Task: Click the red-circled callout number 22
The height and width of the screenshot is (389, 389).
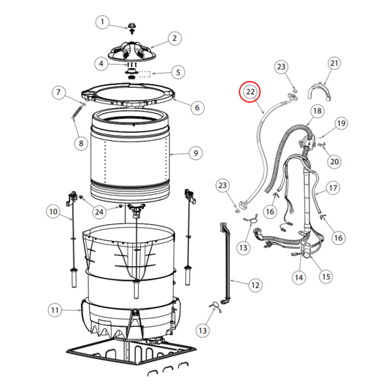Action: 250,92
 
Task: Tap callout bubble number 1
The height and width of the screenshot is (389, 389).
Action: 102,22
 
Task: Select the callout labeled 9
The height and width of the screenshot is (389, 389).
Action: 196,153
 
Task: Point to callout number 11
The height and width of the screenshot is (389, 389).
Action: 55,310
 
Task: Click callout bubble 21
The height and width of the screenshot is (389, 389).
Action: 334,63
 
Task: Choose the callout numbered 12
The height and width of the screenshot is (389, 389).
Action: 255,285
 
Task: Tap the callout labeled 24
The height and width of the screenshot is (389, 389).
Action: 99,212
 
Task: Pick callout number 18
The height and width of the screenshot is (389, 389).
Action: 317,111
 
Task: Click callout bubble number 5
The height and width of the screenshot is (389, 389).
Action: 178,72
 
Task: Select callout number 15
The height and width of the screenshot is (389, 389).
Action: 326,277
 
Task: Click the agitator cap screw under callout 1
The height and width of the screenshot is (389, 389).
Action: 132,28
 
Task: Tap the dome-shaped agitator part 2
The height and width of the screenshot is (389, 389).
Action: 131,52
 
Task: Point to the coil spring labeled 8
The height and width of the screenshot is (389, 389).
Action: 77,112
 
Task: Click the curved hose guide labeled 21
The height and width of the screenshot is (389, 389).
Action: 320,92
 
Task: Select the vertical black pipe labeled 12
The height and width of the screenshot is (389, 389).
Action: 226,263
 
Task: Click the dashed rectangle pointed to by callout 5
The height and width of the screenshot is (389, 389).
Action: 145,74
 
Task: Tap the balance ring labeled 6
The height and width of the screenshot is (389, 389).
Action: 128,96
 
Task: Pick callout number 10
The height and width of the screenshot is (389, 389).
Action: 53,212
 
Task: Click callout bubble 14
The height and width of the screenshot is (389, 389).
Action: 299,277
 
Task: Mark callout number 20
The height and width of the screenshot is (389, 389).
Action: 334,162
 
